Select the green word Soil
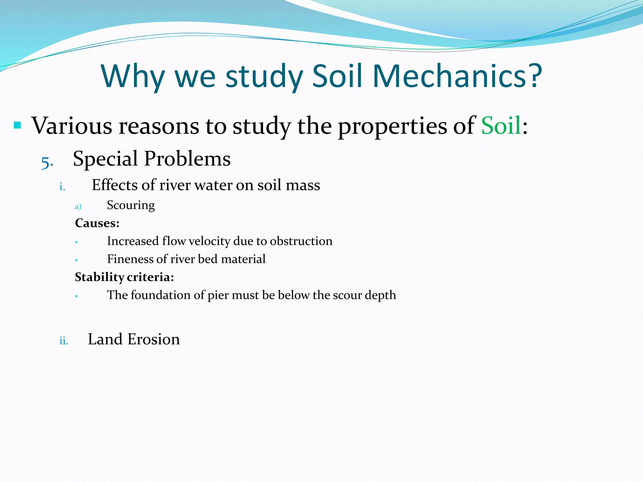coord(501,126)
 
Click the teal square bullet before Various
coord(17,126)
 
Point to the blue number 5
coord(47,163)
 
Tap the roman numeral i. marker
coord(62,187)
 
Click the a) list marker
coord(78,206)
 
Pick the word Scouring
coord(131,205)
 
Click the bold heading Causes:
coord(97,223)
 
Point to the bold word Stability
coord(99,277)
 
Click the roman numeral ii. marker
coord(64,341)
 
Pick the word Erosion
coord(154,339)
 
